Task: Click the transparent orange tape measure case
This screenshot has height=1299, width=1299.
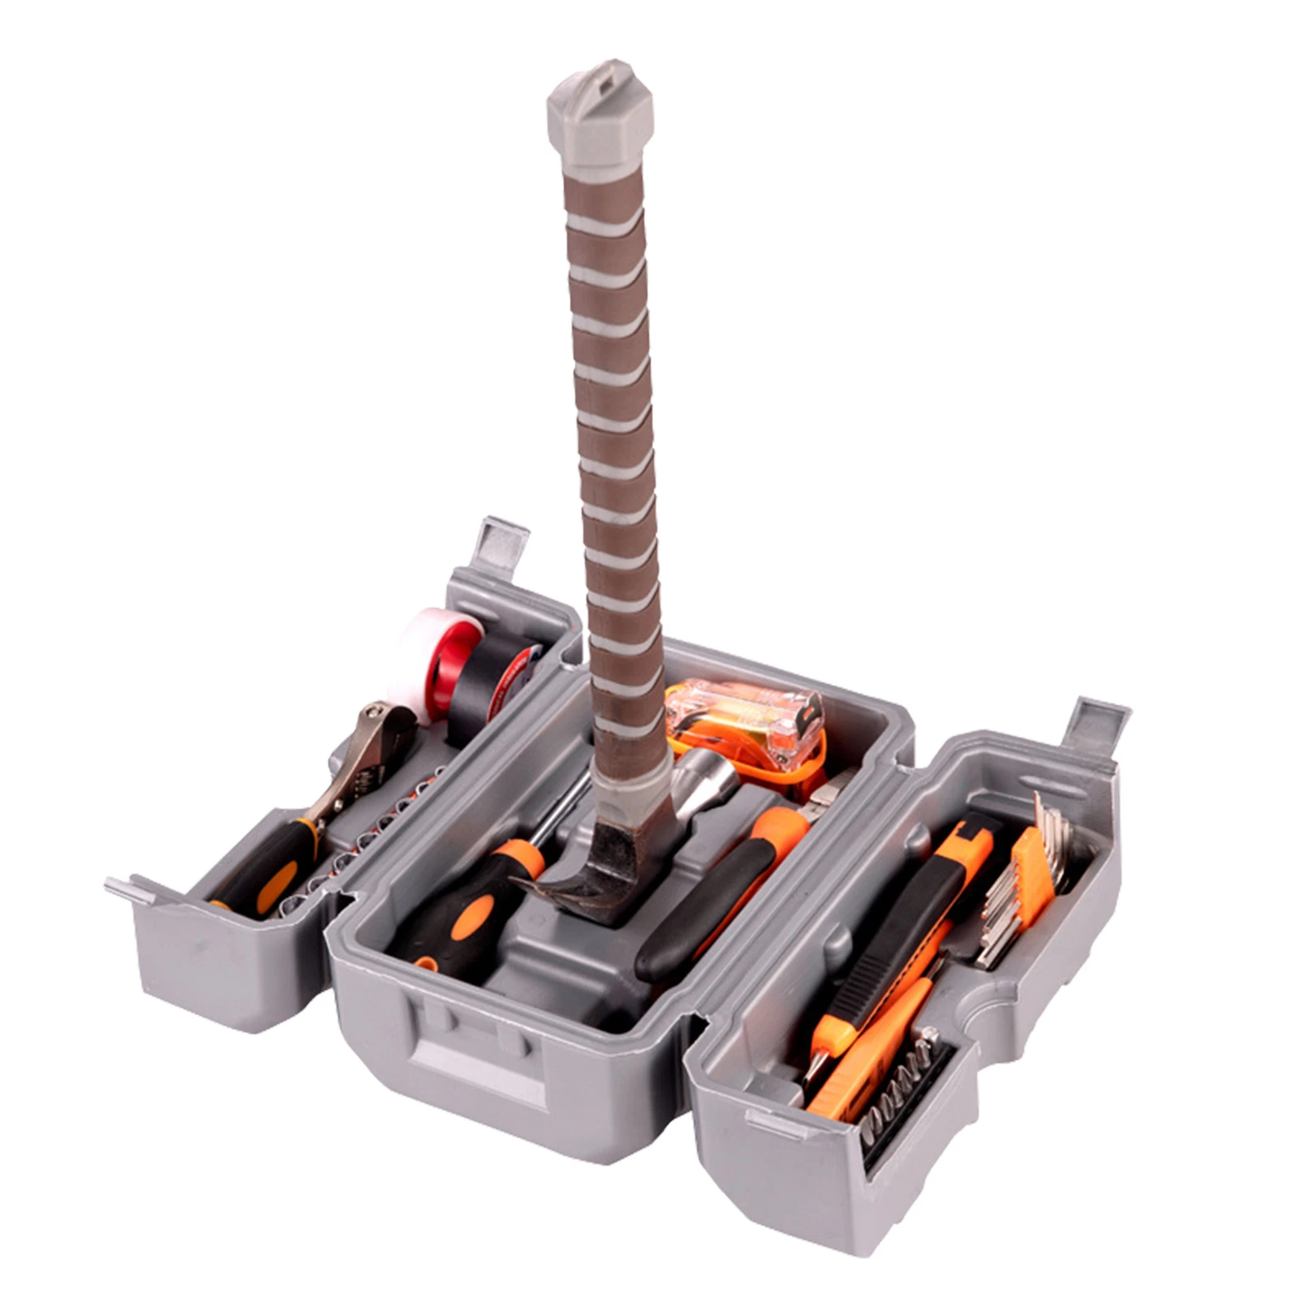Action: point(746,714)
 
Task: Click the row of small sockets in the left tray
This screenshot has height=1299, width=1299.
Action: point(357,836)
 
